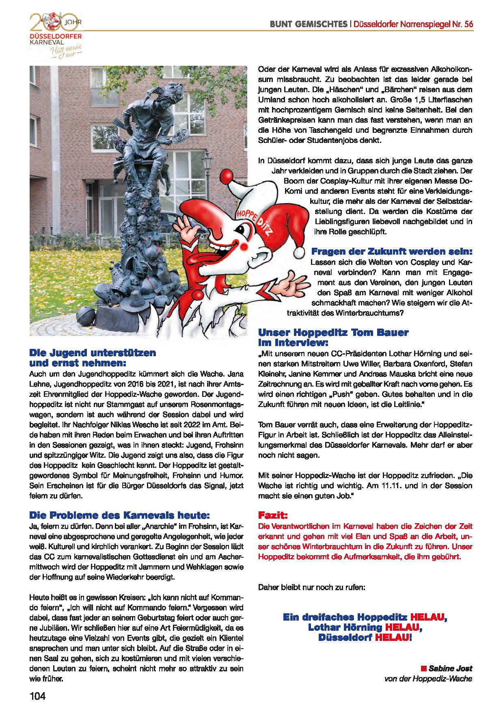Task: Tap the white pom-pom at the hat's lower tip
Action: (x=300, y=252)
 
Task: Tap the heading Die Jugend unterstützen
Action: (x=93, y=353)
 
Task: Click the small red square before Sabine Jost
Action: (x=423, y=668)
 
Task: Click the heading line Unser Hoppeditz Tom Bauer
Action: (x=333, y=332)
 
